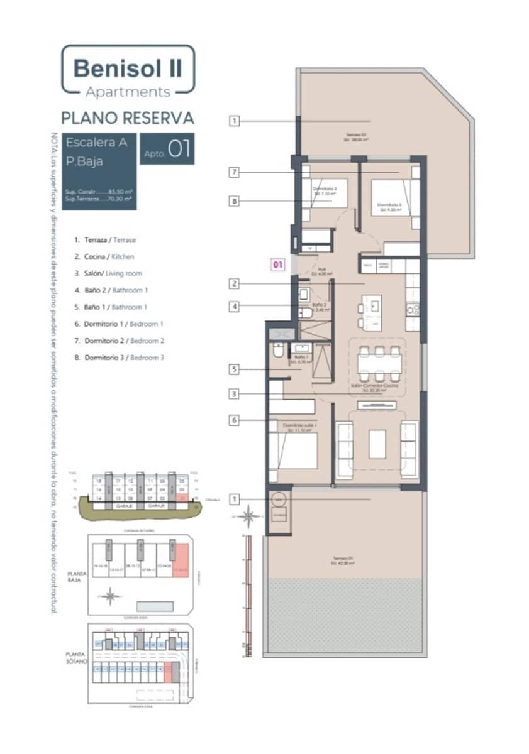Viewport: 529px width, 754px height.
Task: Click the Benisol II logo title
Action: point(128,67)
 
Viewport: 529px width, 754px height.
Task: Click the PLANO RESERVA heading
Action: point(128,117)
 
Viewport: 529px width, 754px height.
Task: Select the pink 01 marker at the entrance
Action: point(277,265)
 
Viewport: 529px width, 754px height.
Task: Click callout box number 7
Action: point(234,172)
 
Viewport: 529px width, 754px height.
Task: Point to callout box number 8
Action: point(234,201)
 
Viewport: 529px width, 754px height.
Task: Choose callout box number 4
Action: point(234,307)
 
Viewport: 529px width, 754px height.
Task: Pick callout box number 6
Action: point(234,420)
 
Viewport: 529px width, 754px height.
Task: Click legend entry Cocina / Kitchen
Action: point(104,256)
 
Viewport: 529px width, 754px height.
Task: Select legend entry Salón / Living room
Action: point(108,273)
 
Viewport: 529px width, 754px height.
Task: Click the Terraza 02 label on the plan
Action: point(355,137)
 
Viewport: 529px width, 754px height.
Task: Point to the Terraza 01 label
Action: point(343,560)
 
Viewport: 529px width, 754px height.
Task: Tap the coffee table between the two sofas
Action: point(377,444)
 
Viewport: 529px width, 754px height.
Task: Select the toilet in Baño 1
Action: point(277,353)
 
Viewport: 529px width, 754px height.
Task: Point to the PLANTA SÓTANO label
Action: point(77,658)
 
